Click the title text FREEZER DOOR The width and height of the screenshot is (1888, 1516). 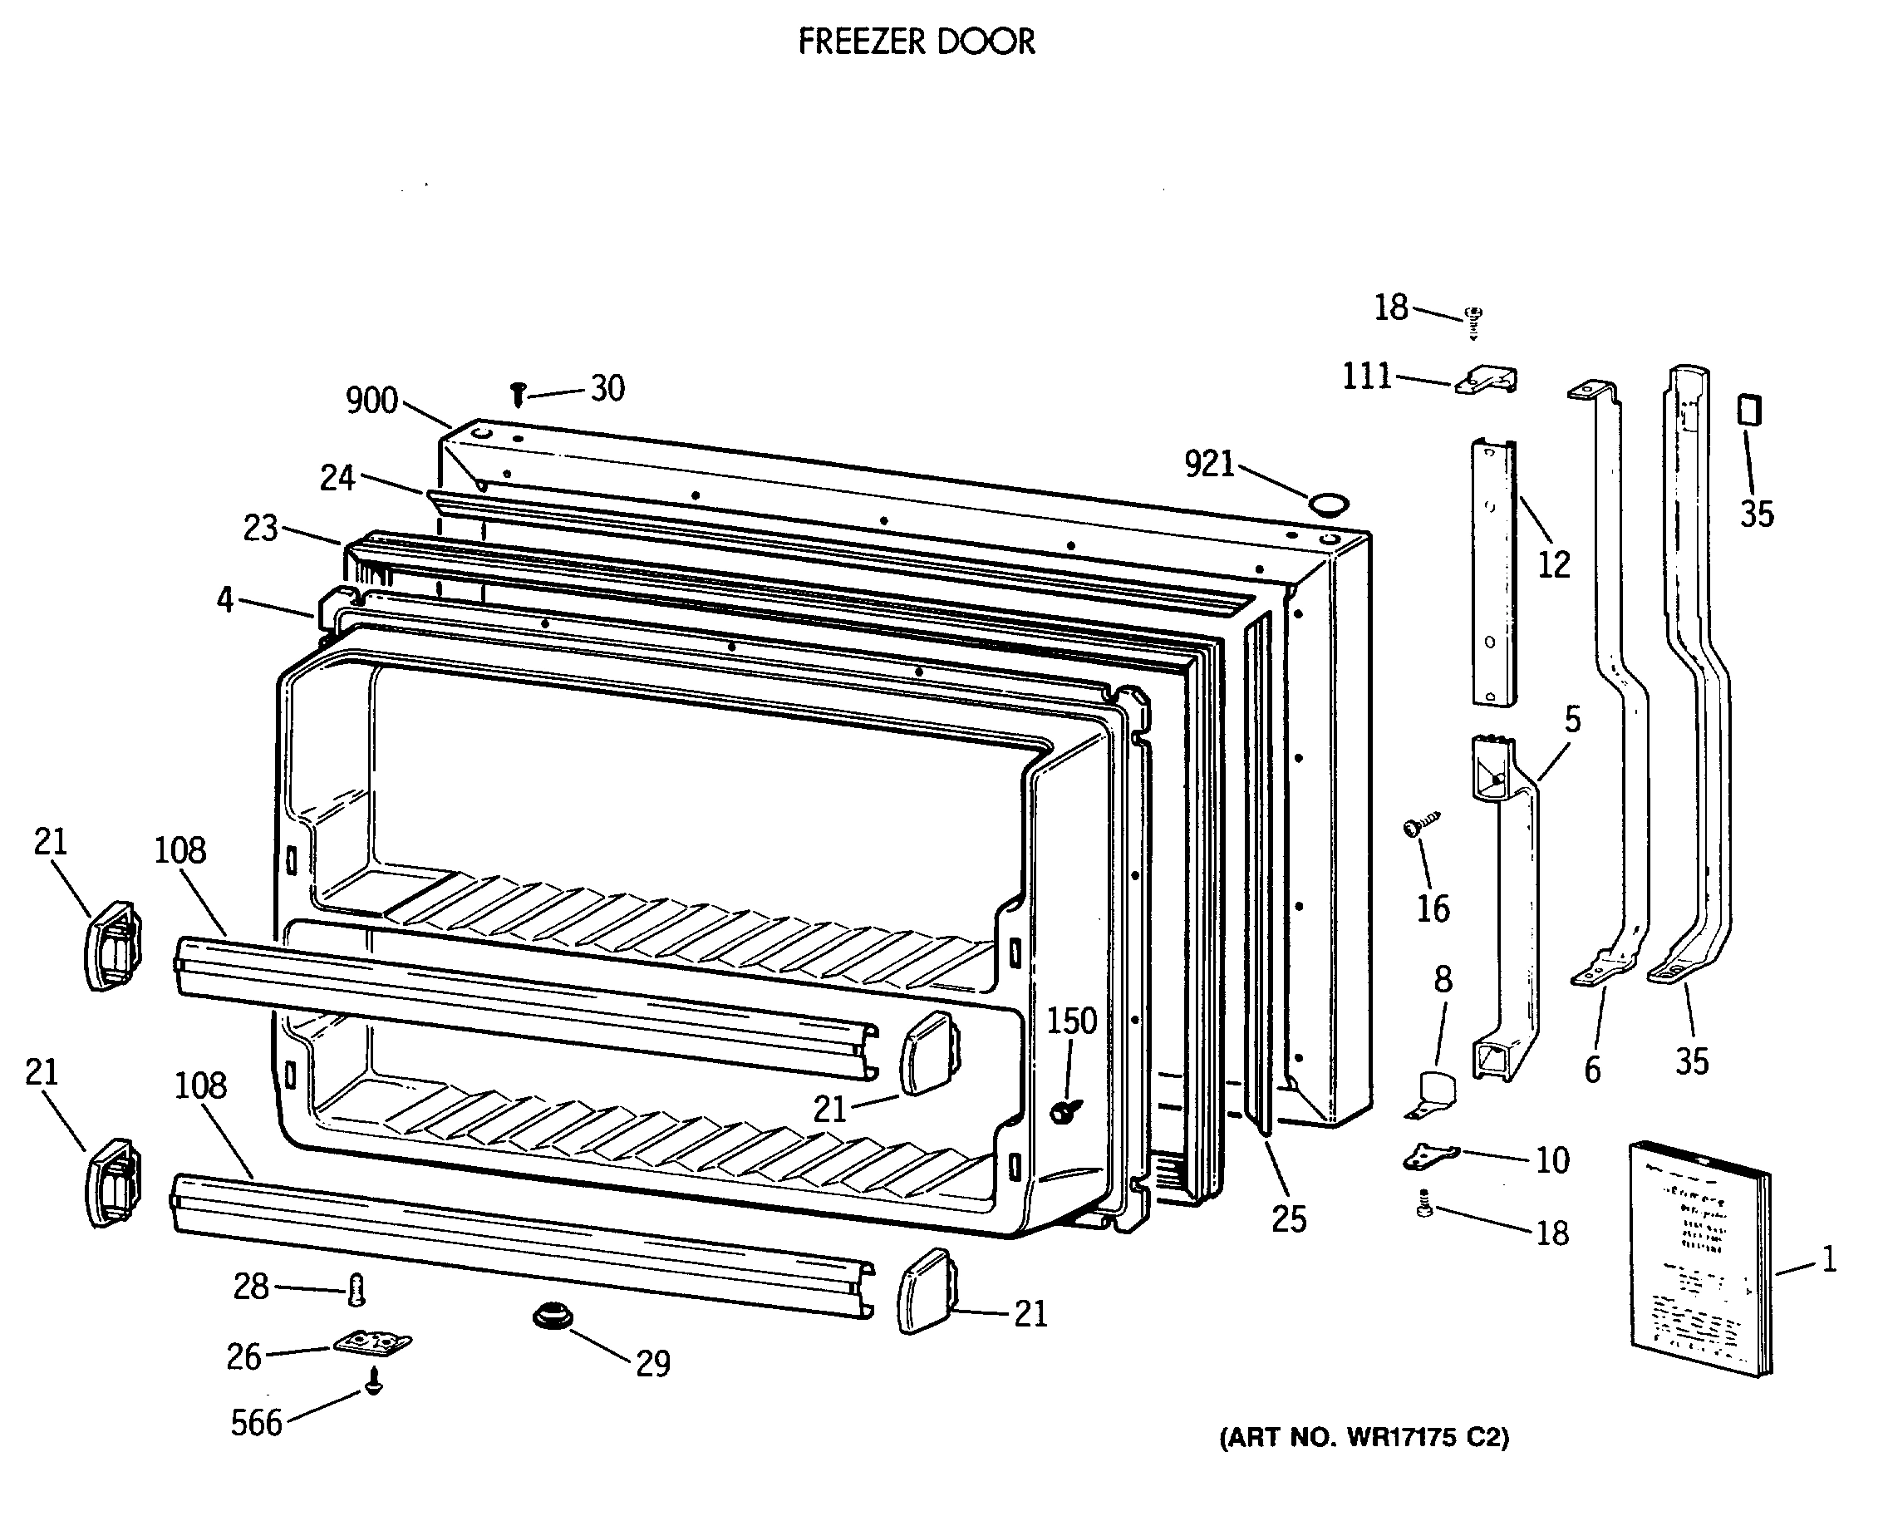coord(916,42)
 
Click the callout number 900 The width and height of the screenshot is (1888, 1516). coord(371,401)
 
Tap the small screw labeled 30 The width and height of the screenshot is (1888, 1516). coord(518,393)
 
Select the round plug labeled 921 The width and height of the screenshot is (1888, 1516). coord(1328,505)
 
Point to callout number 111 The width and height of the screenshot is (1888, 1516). coord(1366,377)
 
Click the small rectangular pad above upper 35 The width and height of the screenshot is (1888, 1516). coord(1748,410)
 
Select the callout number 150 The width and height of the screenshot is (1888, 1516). coord(1072,1021)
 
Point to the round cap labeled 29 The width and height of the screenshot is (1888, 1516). coord(553,1316)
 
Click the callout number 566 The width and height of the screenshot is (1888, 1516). coord(257,1423)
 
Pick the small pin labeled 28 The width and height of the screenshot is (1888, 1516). coord(356,1289)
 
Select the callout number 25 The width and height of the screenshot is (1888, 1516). coord(1288,1219)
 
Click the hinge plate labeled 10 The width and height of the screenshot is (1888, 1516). coord(1431,1156)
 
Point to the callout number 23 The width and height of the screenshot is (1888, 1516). coord(260,528)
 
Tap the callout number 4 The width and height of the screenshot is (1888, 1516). coord(225,600)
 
